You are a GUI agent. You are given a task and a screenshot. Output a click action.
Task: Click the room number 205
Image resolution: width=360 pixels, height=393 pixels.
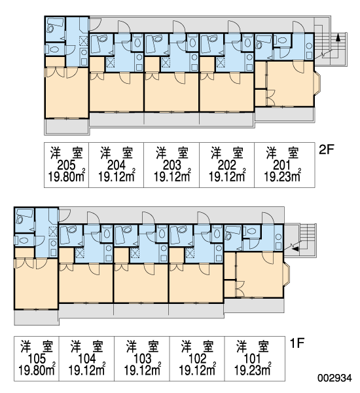66,165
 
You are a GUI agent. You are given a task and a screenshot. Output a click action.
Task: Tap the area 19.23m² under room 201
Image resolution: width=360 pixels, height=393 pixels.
282,177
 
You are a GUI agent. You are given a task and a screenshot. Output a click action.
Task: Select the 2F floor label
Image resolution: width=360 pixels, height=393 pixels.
327,149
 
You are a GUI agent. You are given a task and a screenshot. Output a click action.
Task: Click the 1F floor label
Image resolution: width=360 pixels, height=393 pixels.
297,343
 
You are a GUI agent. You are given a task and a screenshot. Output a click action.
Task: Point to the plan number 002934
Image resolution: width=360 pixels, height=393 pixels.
334,378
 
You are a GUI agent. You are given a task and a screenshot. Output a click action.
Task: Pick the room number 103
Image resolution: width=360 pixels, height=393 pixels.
143,359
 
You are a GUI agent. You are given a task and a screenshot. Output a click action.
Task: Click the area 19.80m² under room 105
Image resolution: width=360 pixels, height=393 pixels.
37,371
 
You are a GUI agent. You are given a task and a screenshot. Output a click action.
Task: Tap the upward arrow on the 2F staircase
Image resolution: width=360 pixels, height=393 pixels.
338,37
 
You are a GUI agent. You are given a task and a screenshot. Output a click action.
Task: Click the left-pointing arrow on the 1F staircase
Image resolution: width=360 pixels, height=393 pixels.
296,249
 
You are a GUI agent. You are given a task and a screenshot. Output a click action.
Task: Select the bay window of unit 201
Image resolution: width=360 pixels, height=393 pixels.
317,83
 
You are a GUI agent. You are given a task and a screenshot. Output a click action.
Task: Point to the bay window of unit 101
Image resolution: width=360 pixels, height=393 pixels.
287,274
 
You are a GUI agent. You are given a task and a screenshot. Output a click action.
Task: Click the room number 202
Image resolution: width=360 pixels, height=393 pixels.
227,165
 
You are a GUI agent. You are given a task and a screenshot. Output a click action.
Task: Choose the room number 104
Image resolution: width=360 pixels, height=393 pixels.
87,359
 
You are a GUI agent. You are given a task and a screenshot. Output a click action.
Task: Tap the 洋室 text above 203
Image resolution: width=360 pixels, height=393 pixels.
172,153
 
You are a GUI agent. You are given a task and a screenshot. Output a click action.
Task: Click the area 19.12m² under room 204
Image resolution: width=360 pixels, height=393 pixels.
117,177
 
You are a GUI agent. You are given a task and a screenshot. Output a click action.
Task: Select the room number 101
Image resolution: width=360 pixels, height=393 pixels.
252,359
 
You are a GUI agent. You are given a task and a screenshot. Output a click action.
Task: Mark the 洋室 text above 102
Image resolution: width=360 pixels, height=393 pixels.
198,346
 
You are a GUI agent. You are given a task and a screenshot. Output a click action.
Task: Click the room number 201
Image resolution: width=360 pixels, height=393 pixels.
282,165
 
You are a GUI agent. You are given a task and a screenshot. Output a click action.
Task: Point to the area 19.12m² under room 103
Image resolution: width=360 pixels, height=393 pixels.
143,371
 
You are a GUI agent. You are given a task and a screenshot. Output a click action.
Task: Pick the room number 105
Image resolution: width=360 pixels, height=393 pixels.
37,359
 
